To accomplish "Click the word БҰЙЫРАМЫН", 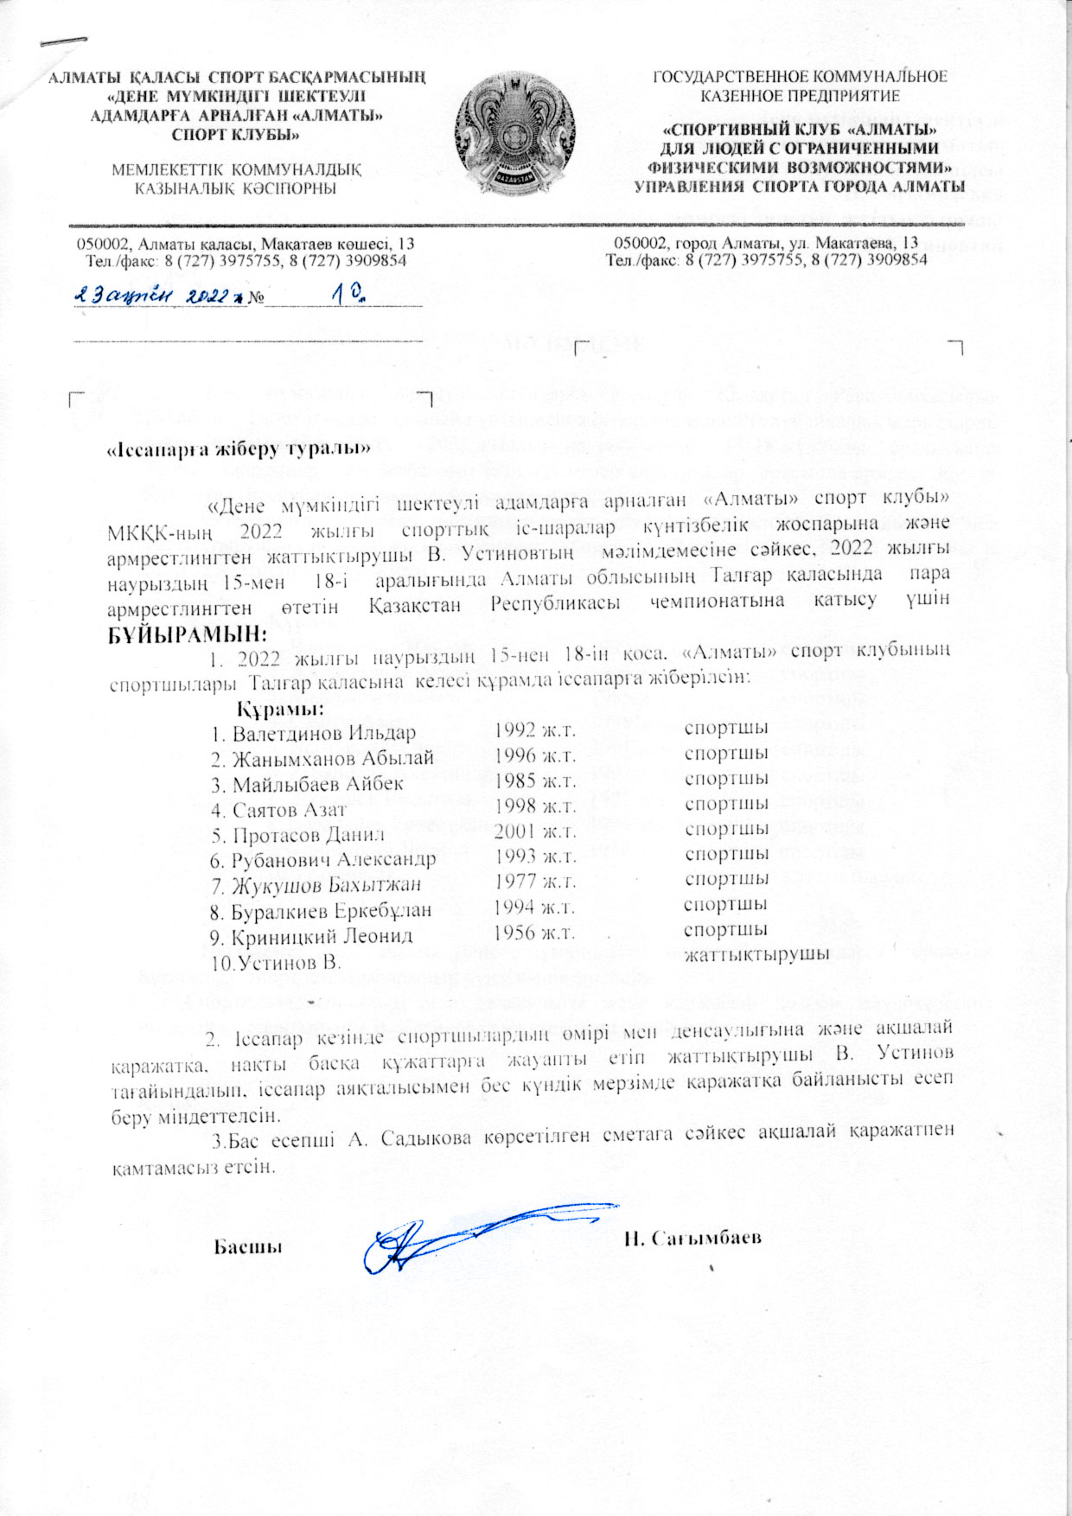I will pyautogui.click(x=182, y=634).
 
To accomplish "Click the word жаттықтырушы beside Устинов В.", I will pyautogui.click(x=756, y=954).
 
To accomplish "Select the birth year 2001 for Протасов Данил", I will pyautogui.click(x=534, y=832).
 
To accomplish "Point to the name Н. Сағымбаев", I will pyautogui.click(x=692, y=1238).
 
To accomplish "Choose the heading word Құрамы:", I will pyautogui.click(x=280, y=710).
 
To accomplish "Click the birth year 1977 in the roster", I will pyautogui.click(x=534, y=882).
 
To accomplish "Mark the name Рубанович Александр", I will pyautogui.click(x=334, y=860).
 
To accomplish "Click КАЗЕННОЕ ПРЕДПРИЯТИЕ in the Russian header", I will pyautogui.click(x=800, y=96).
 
